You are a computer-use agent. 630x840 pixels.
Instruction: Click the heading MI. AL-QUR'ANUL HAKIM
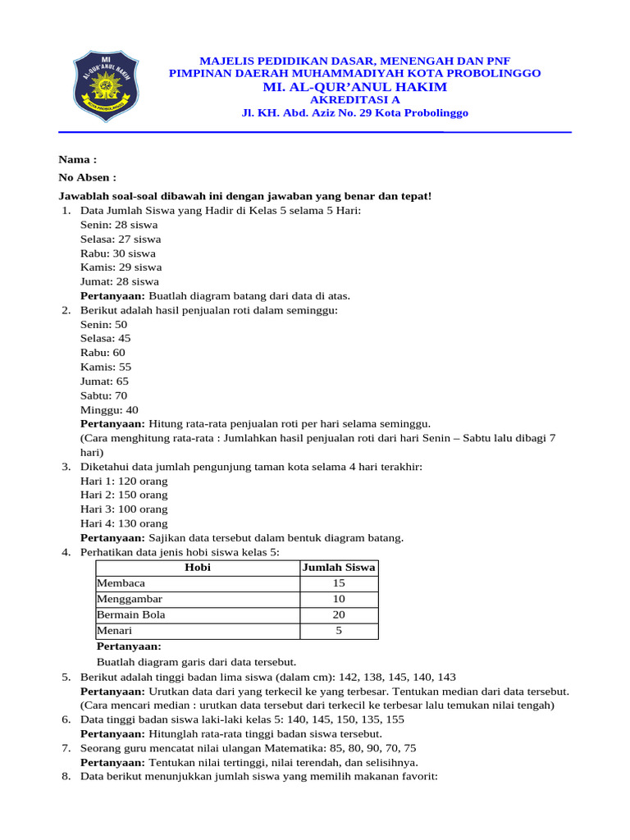[354, 87]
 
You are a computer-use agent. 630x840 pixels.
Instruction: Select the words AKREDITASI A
[354, 100]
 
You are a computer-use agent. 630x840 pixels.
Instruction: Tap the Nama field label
[77, 159]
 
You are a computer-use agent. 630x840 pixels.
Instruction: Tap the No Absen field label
[87, 177]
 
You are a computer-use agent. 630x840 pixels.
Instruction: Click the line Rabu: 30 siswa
[117, 253]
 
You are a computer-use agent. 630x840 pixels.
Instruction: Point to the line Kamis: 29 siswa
[121, 267]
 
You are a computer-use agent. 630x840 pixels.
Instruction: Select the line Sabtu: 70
[103, 395]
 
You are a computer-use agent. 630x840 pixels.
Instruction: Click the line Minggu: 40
[109, 409]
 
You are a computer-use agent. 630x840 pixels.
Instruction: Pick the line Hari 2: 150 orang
[124, 495]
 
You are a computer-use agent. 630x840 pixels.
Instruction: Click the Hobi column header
[198, 567]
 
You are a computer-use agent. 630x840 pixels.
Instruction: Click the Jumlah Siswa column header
[339, 567]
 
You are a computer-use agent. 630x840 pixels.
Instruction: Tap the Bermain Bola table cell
[131, 614]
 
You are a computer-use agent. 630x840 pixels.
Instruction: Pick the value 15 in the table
[339, 583]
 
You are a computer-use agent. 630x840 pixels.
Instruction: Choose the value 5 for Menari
[339, 631]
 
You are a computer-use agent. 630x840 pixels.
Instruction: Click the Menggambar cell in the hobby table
[130, 599]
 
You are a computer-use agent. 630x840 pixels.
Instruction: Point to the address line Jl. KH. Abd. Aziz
[354, 113]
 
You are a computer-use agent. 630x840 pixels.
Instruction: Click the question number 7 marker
[66, 748]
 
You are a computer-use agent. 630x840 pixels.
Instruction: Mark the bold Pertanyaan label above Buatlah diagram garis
[129, 646]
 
